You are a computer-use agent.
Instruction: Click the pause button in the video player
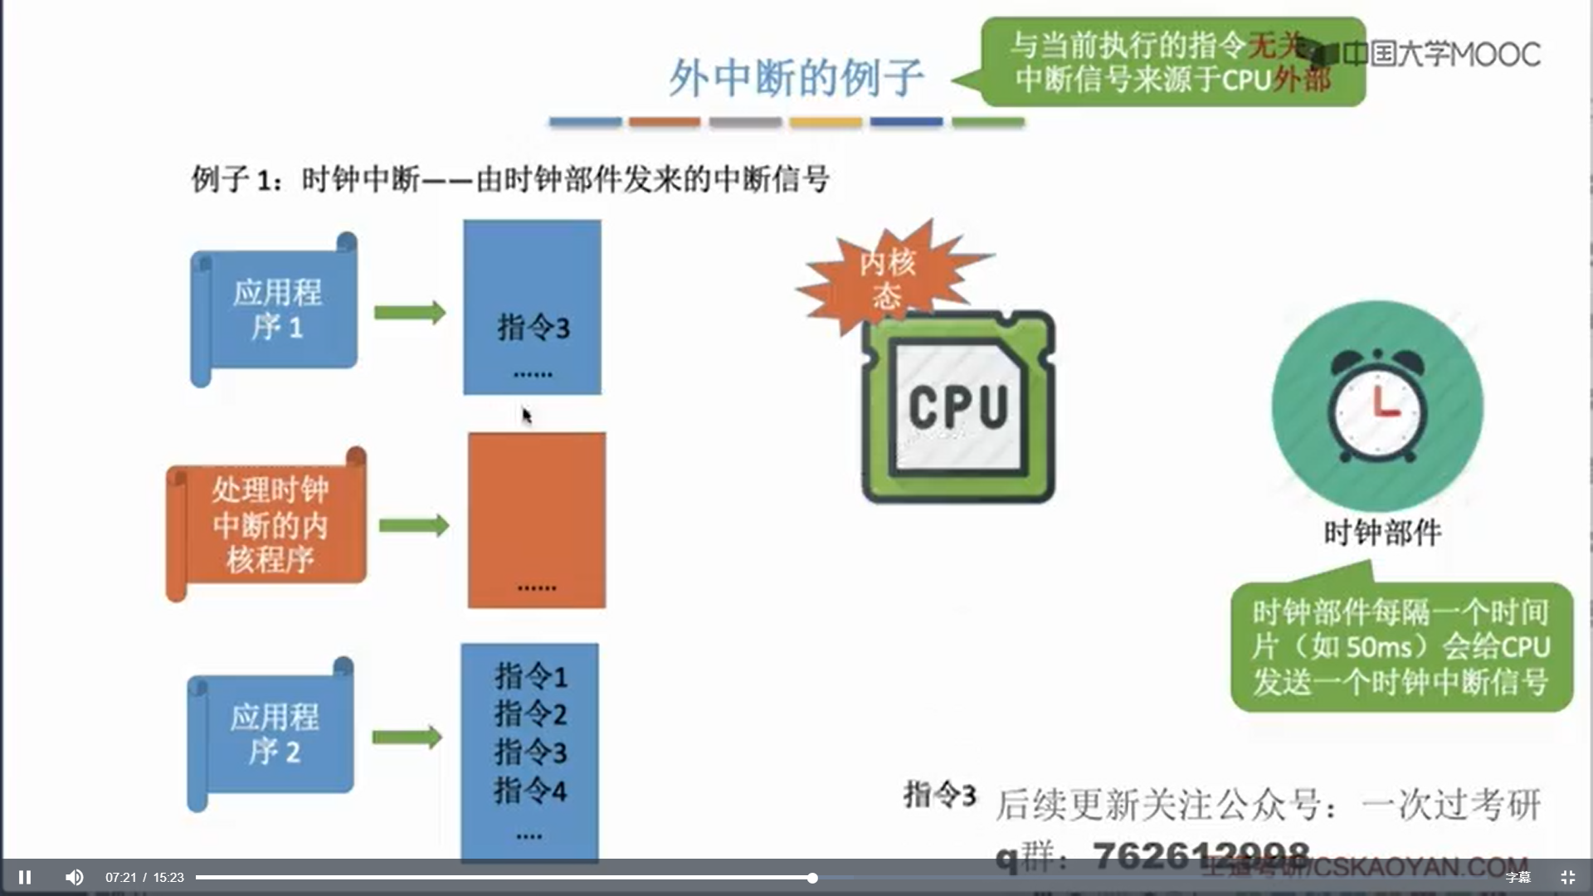pos(25,877)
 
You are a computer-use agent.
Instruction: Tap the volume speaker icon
pos(74,877)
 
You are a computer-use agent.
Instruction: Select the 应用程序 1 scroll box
pos(275,309)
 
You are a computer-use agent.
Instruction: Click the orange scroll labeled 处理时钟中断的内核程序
pos(268,523)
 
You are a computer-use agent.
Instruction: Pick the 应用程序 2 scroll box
pos(273,733)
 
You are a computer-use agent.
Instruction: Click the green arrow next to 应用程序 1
pos(410,313)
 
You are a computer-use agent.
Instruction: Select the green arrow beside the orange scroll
pos(414,525)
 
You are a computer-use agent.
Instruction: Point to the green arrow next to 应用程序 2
pos(407,737)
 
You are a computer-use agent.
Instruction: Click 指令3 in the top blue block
pos(533,328)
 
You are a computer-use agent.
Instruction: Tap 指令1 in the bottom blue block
pos(531,677)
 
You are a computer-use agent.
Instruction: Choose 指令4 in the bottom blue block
pos(531,791)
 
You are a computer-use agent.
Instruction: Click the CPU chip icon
pos(958,407)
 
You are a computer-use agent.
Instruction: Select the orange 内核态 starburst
pos(888,278)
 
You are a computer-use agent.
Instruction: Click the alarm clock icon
pos(1377,407)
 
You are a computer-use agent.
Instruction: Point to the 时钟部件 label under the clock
pos(1382,533)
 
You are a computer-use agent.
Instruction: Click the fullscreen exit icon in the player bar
pos(1567,877)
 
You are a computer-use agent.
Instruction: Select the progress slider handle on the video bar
pos(812,878)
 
